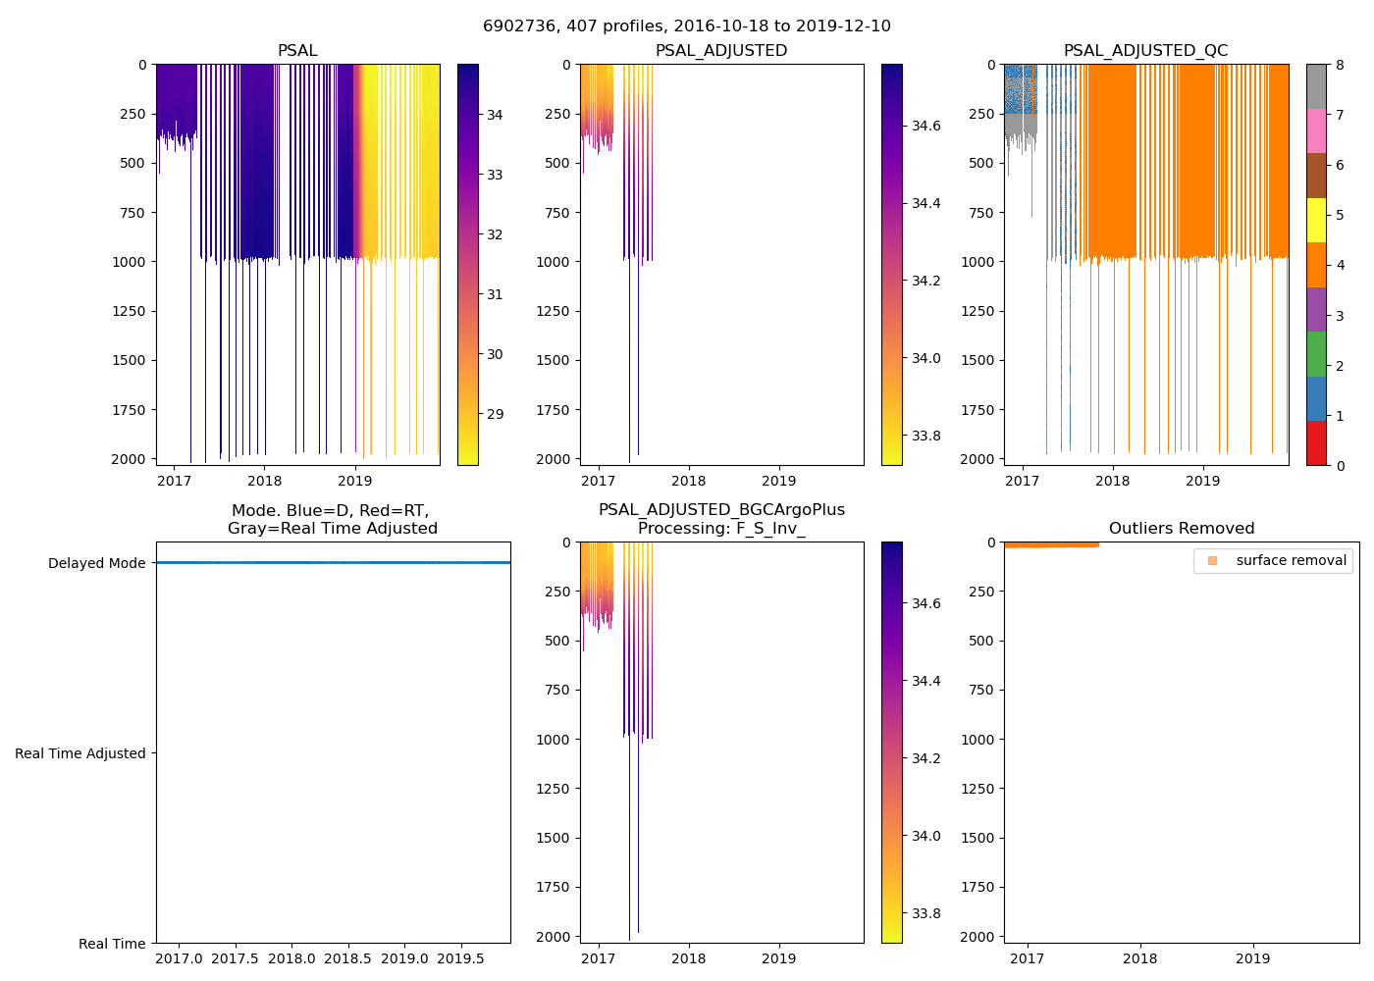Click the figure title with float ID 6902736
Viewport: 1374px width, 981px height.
click(687, 26)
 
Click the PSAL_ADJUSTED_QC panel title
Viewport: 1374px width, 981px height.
click(1145, 51)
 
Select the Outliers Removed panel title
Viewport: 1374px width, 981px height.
click(1181, 529)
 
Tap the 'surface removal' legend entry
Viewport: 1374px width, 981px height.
click(1291, 561)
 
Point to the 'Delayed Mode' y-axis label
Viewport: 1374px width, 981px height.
click(96, 563)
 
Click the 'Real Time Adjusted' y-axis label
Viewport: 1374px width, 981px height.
click(80, 753)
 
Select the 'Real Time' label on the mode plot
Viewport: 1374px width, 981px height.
click(112, 944)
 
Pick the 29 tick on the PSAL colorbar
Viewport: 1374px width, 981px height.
click(495, 414)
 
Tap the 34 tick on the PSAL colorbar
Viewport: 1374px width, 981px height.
click(495, 115)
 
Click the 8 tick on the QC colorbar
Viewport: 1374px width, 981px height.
click(1340, 66)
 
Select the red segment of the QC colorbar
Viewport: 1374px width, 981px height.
click(1316, 443)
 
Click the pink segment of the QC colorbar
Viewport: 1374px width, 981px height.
click(1316, 130)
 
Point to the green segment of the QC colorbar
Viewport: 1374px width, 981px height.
click(1316, 354)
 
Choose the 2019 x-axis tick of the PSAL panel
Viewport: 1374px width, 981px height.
click(355, 481)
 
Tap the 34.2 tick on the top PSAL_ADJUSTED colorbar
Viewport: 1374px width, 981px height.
click(925, 281)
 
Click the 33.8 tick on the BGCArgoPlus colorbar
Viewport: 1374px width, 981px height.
click(925, 913)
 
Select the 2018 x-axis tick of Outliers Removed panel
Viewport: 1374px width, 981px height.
click(1139, 958)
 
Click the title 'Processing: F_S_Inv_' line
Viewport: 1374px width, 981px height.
click(721, 529)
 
